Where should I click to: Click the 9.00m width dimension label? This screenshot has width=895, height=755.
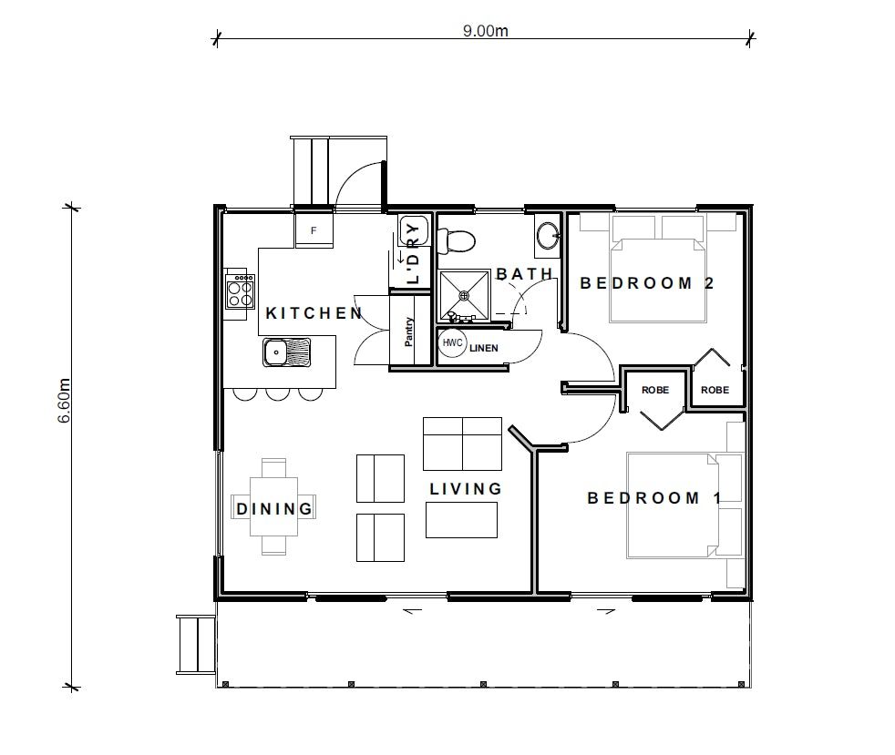(x=485, y=30)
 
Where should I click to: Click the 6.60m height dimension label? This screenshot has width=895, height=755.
(x=64, y=401)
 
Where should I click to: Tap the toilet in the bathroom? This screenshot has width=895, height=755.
(x=456, y=241)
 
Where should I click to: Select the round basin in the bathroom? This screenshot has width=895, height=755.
(x=549, y=235)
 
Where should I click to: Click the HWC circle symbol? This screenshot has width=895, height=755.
(x=453, y=342)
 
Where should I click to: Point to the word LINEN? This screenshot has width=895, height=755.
(x=483, y=348)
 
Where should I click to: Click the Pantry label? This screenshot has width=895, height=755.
(x=408, y=332)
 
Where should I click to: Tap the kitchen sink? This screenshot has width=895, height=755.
(x=287, y=352)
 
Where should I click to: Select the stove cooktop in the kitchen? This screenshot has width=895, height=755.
(x=241, y=291)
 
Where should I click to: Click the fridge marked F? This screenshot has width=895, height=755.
(x=314, y=230)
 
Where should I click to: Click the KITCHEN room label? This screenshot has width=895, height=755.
(x=314, y=313)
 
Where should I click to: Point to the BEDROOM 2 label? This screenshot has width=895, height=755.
(x=647, y=283)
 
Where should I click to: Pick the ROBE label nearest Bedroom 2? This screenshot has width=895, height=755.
(x=715, y=390)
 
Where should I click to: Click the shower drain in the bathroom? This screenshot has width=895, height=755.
(x=465, y=295)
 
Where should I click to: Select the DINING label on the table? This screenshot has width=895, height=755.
(x=274, y=509)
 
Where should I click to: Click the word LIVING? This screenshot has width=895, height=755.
(x=466, y=489)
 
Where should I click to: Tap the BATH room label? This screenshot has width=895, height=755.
(x=525, y=274)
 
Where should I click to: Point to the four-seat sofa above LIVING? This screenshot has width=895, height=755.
(x=462, y=444)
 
